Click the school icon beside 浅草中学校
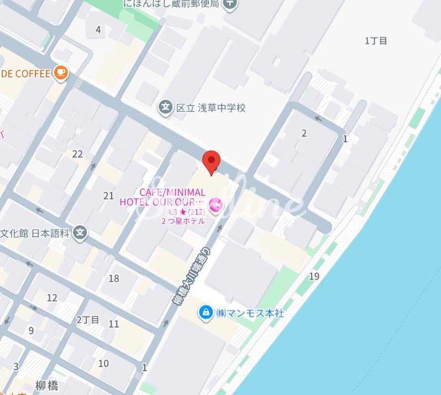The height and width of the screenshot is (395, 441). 165,107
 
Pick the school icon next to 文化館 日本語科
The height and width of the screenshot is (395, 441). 81,233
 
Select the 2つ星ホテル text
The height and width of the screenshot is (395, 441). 183,221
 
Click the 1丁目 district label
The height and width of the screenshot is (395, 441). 376,40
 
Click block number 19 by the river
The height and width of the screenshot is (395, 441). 314,276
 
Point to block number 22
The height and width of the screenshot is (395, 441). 77,154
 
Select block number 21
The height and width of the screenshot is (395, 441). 108,195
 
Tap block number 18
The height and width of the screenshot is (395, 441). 114,278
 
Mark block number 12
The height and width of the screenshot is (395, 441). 52,298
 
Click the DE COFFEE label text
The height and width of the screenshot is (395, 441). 25,74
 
